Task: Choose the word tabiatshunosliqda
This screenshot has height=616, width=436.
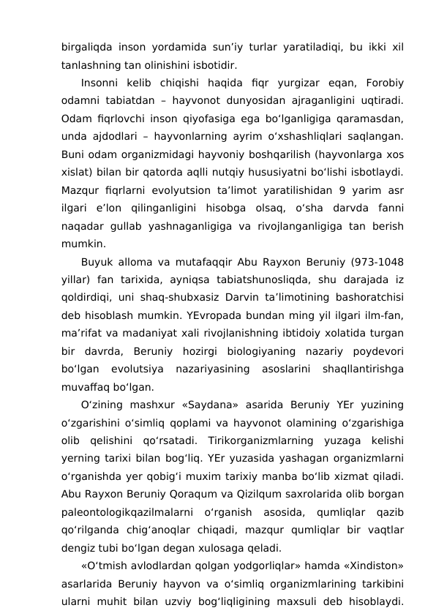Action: point(234,280)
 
